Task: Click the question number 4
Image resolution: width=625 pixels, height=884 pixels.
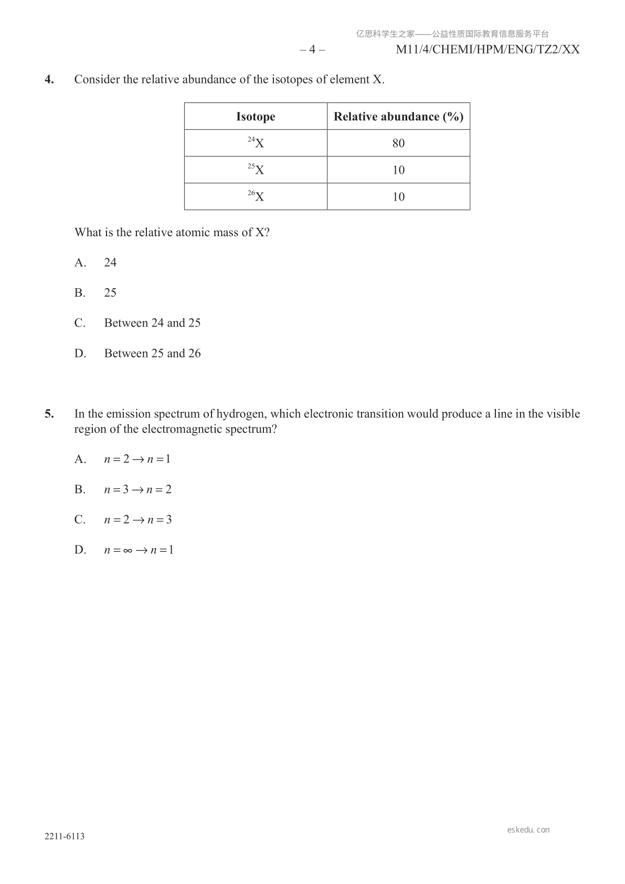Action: pos(49,80)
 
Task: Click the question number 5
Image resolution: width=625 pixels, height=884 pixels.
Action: pos(49,414)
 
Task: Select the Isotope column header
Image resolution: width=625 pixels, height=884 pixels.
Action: pos(256,117)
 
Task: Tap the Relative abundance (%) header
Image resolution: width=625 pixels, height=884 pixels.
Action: pos(398,117)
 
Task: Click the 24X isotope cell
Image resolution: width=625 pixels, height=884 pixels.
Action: pos(256,143)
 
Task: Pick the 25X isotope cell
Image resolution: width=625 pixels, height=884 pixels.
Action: pos(256,170)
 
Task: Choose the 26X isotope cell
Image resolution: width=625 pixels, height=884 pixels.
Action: pos(256,196)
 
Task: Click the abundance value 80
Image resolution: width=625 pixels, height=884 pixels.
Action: pos(398,143)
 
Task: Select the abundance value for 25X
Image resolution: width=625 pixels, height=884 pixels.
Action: pos(398,170)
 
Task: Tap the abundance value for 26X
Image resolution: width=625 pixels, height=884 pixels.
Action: pos(398,197)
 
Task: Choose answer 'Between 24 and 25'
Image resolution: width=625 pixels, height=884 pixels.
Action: pos(152,323)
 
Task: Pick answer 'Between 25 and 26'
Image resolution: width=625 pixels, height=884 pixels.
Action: pos(152,353)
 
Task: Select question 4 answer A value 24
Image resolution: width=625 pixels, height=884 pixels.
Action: pos(110,262)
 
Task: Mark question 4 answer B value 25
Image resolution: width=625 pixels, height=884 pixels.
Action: pos(110,293)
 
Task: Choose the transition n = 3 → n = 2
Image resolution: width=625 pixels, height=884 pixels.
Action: pos(137,490)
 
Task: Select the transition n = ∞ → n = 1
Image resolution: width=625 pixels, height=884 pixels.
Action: pos(139,550)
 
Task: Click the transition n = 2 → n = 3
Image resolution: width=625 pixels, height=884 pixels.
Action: pos(137,520)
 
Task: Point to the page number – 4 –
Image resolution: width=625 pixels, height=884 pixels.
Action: pos(312,49)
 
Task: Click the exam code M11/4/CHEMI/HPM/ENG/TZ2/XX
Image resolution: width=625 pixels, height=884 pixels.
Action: pos(488,49)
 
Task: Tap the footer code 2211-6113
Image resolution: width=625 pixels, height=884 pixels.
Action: pos(65,836)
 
